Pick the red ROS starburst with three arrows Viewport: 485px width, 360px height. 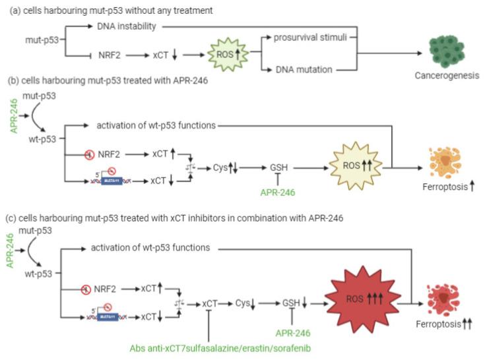point(362,299)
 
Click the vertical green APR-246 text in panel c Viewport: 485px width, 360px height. point(9,252)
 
